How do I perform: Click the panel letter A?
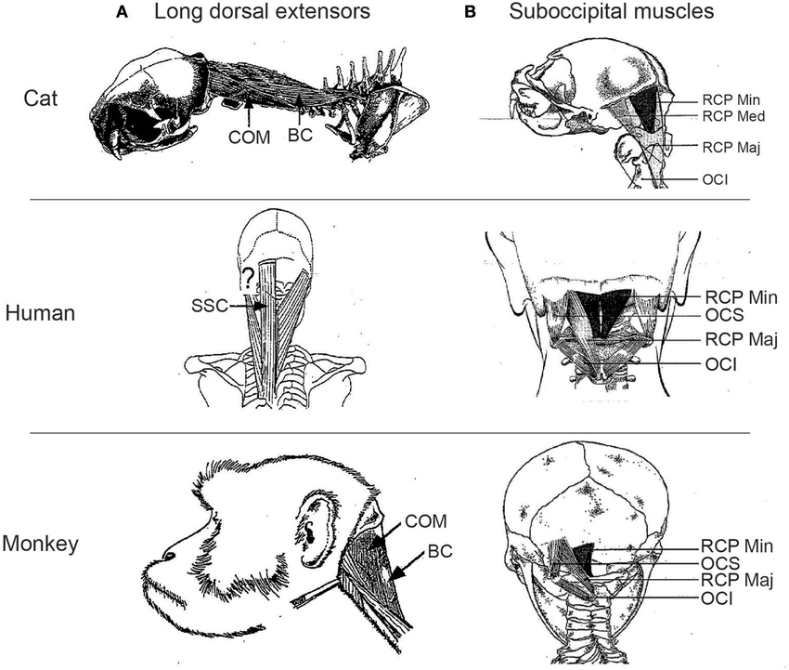(122, 12)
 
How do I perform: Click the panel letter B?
(470, 12)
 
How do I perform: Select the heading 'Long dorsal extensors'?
(262, 11)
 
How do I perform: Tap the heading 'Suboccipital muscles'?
(612, 11)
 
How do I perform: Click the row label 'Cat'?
(41, 99)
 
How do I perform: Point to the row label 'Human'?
(40, 313)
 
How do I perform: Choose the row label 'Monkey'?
(40, 544)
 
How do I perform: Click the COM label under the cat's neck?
(249, 138)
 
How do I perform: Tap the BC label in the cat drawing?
(300, 135)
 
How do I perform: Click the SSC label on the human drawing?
(210, 306)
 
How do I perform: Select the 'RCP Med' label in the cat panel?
(733, 116)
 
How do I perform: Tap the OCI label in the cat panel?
(715, 180)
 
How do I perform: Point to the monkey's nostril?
(169, 556)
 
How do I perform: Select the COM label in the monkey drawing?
(426, 521)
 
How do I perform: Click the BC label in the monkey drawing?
(440, 552)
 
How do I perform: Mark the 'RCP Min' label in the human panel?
(742, 297)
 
